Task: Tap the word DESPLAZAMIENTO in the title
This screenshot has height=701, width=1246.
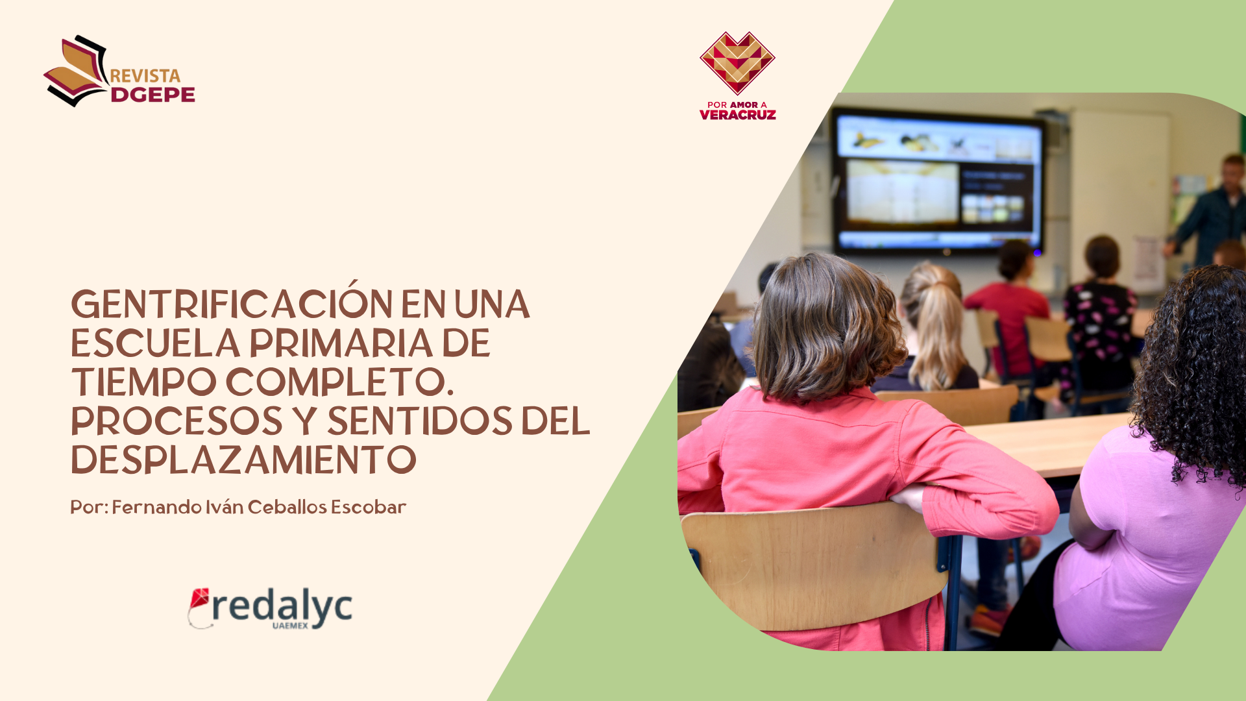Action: tap(243, 460)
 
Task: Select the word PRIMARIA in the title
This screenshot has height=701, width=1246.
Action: tap(341, 343)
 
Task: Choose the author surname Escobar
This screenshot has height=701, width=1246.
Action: tap(369, 507)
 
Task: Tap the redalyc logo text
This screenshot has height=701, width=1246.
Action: tap(282, 608)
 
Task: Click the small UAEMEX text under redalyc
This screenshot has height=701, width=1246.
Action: tap(290, 626)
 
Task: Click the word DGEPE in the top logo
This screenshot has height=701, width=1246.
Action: tap(153, 95)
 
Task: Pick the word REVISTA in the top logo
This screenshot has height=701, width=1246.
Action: tap(145, 76)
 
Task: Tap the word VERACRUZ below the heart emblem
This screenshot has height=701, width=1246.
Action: tap(738, 115)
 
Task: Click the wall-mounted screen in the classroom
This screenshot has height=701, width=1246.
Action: tap(938, 181)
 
